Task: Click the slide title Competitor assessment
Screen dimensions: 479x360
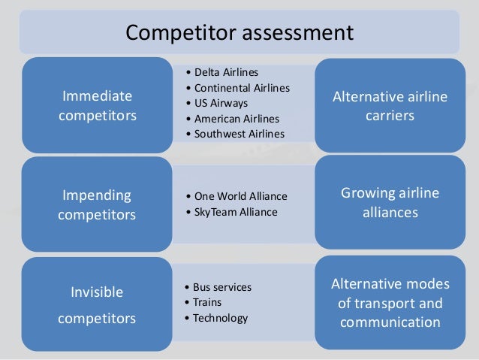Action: pyautogui.click(x=239, y=32)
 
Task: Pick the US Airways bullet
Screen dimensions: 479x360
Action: pyautogui.click(x=221, y=103)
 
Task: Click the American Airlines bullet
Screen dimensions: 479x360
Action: pyautogui.click(x=236, y=119)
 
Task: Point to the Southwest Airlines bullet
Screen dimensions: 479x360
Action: pyautogui.click(x=239, y=134)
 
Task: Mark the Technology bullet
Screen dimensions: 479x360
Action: pyautogui.click(x=220, y=318)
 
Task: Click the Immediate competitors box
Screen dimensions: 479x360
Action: pyautogui.click(x=97, y=105)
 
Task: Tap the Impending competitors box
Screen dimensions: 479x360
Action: pyautogui.click(x=97, y=204)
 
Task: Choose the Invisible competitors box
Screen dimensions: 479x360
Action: pyautogui.click(x=97, y=304)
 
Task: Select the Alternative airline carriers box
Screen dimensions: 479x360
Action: pyautogui.click(x=390, y=105)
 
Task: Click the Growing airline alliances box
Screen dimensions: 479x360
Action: pyautogui.click(x=390, y=203)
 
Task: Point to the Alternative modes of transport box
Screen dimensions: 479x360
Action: pyautogui.click(x=390, y=303)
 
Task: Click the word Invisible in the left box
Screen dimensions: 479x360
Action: pyautogui.click(x=97, y=292)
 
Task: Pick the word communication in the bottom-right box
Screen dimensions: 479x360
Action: pyautogui.click(x=390, y=323)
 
